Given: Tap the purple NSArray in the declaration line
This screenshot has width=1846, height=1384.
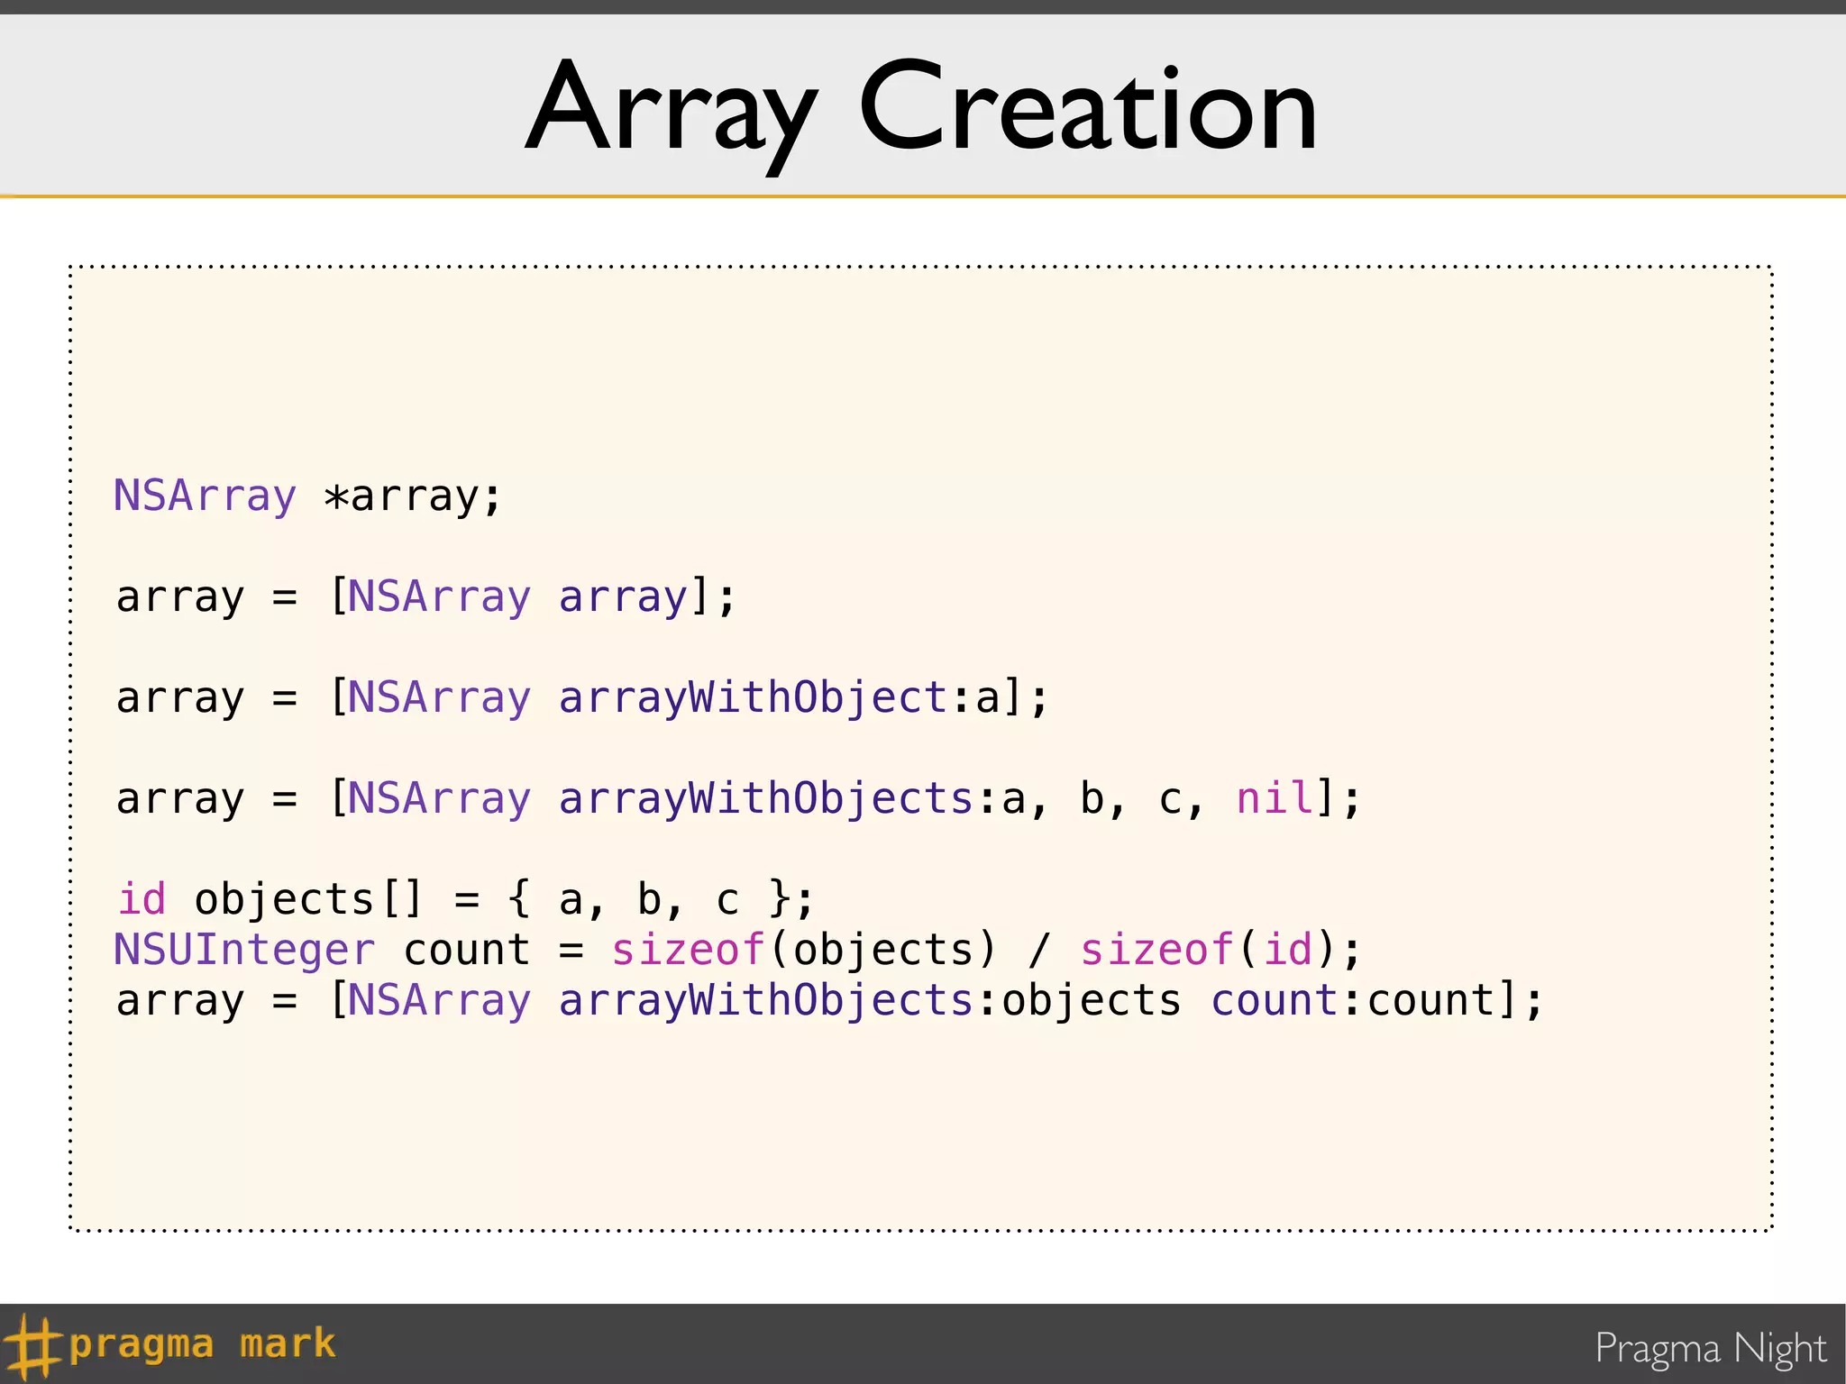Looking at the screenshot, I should coord(205,496).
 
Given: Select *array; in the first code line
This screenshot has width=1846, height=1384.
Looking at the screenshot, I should coord(412,496).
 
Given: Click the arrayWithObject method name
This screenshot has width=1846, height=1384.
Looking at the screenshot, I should coord(753,698).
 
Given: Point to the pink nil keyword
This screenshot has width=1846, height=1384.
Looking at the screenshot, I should coord(1275,798).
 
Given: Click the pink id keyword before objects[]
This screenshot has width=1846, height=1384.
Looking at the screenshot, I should coord(142,899).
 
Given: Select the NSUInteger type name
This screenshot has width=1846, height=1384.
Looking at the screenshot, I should coord(243,950).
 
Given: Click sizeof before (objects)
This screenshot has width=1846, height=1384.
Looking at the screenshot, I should coord(688,950).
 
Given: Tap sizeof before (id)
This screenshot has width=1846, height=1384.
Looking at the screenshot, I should coord(1156,950).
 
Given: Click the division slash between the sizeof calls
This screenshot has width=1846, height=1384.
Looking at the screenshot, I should coord(1039,950).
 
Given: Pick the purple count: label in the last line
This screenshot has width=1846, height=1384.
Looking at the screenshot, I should coord(1274,1000).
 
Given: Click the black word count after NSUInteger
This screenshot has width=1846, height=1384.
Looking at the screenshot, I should coord(466,950).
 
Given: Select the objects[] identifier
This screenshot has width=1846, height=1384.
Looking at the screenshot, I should coord(307,899).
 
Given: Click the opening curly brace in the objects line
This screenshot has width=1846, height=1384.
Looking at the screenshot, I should coord(518,899).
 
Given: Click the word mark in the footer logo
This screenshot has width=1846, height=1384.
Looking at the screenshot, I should coord(288,1343).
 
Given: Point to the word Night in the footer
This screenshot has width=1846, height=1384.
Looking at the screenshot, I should coord(1779,1349).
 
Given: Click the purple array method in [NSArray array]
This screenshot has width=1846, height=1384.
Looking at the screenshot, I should coord(622,596).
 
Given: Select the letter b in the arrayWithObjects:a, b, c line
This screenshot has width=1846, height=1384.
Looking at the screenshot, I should coord(1092,798).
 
